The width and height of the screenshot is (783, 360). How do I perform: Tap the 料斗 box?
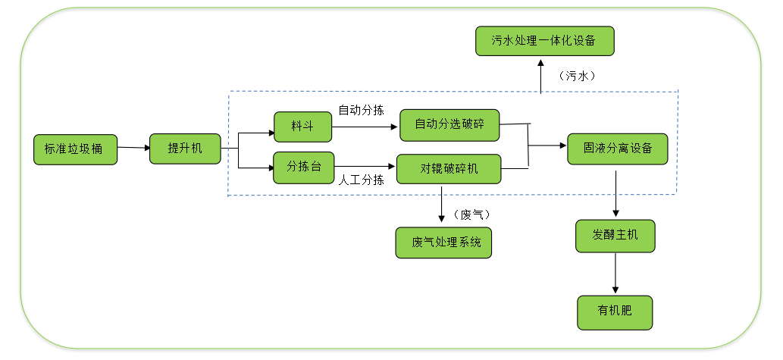[x=302, y=126]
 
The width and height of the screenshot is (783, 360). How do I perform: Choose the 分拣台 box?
[x=303, y=167]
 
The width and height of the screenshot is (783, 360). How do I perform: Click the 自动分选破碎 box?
[x=449, y=124]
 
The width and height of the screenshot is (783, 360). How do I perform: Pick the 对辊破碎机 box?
[x=449, y=167]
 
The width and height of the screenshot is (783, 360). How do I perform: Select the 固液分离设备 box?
[x=617, y=148]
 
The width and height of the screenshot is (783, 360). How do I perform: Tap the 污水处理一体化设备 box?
[x=544, y=41]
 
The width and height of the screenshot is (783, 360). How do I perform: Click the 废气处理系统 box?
[x=443, y=243]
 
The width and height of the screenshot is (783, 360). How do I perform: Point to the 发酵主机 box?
[x=615, y=236]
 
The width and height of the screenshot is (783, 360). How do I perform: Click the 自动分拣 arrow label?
[x=361, y=109]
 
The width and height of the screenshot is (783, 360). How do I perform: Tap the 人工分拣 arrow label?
[x=361, y=180]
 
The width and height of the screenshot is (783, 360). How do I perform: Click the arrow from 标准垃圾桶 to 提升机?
[x=133, y=148]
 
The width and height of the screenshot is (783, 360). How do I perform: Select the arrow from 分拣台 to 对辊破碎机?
[x=365, y=167]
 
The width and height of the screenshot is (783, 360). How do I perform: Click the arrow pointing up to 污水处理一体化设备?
[x=540, y=76]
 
